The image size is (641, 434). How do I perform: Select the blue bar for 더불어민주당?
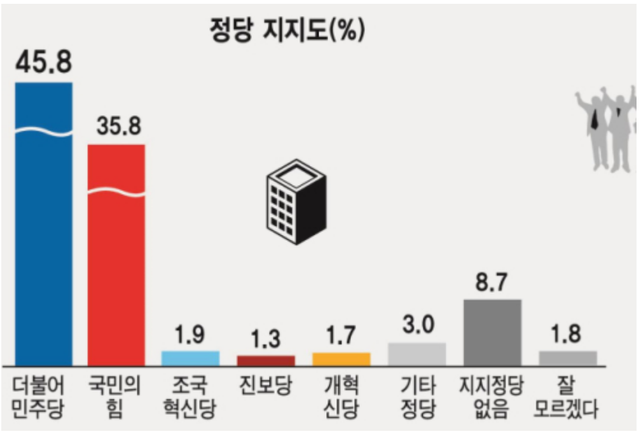(x=44, y=223)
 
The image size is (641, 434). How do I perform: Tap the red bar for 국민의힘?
(x=116, y=255)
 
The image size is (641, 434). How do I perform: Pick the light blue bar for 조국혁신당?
(x=190, y=358)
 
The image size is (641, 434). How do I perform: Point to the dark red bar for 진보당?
(x=266, y=361)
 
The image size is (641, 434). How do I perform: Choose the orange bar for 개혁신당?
(x=341, y=359)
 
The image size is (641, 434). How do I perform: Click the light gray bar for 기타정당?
(x=417, y=354)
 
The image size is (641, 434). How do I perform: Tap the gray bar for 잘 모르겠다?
(x=568, y=358)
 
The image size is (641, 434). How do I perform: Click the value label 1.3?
(x=266, y=338)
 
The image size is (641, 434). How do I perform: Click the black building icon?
(x=295, y=203)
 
